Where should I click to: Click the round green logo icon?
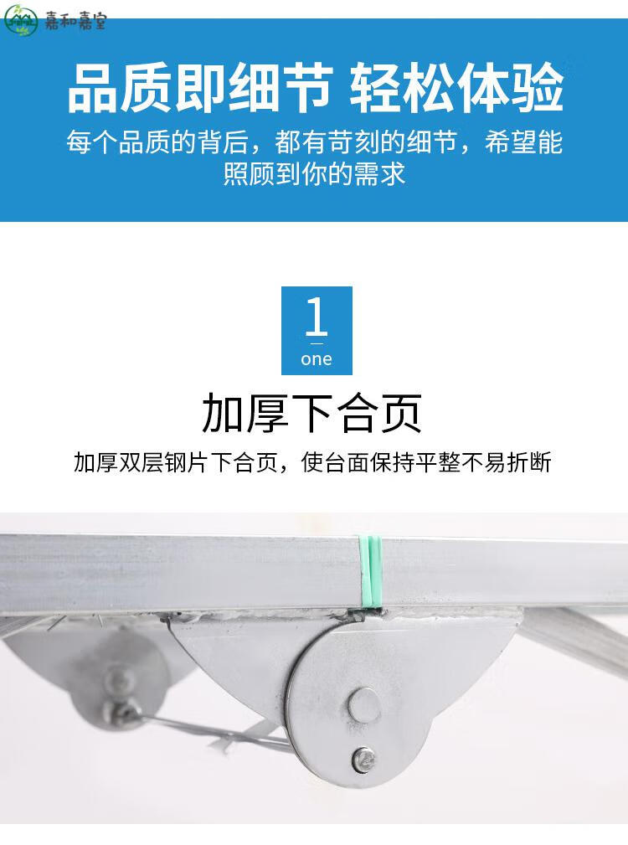pyautogui.click(x=20, y=20)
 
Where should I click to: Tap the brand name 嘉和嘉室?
pyautogui.click(x=75, y=22)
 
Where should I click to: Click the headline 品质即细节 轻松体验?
pyautogui.click(x=316, y=88)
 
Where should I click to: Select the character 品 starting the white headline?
pyautogui.click(x=93, y=88)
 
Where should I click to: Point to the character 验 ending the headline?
pyautogui.click(x=537, y=88)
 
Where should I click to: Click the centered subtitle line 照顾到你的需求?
pyautogui.click(x=314, y=173)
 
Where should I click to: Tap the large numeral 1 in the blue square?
pyautogui.click(x=317, y=317)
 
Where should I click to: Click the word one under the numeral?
pyautogui.click(x=317, y=359)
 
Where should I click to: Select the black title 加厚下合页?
pyautogui.click(x=311, y=414)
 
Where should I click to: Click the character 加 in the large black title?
pyautogui.click(x=223, y=414)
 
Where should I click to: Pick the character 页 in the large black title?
pyautogui.click(x=400, y=414)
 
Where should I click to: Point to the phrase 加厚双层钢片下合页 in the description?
pyautogui.click(x=176, y=462)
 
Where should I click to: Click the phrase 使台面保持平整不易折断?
pyautogui.click(x=426, y=462)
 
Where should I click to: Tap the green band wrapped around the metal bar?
pyautogui.click(x=370, y=571)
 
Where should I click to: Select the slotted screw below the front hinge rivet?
pyautogui.click(x=364, y=759)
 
